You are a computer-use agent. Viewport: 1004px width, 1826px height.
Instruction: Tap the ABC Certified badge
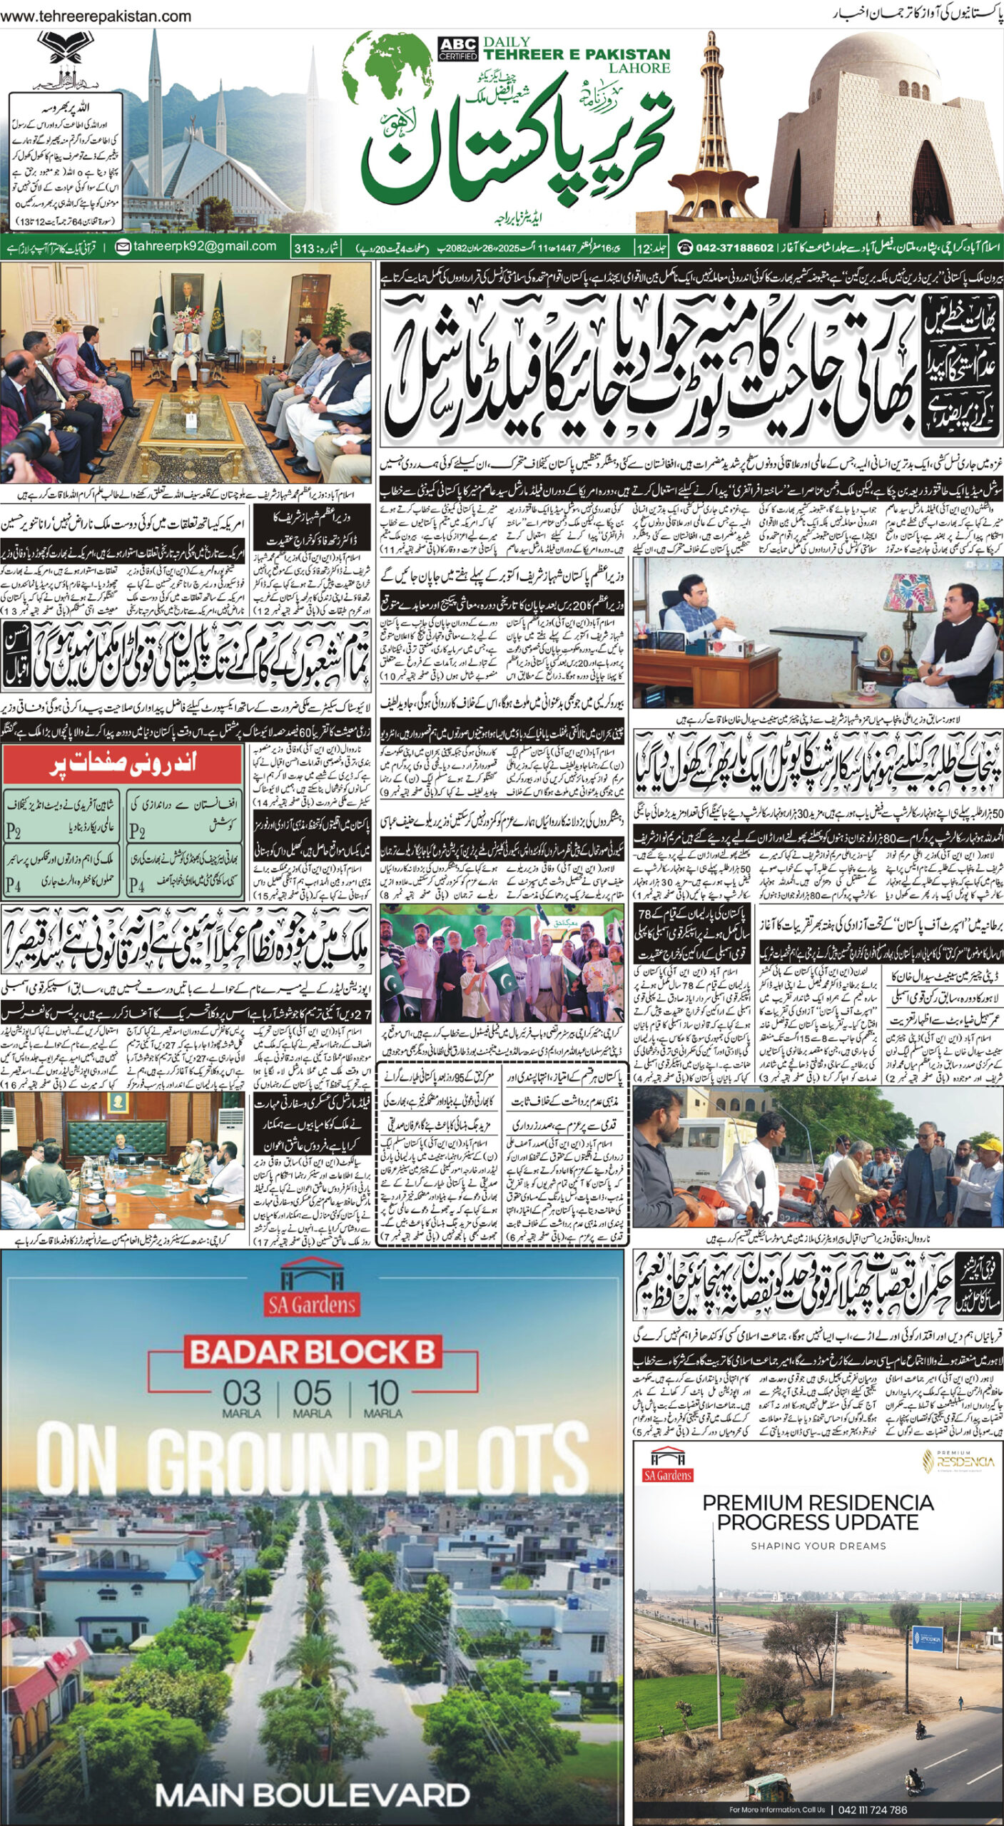pos(457,49)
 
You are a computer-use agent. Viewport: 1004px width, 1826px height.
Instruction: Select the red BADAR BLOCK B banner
pos(310,1351)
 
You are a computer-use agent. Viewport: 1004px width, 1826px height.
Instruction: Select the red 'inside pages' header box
pos(123,764)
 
